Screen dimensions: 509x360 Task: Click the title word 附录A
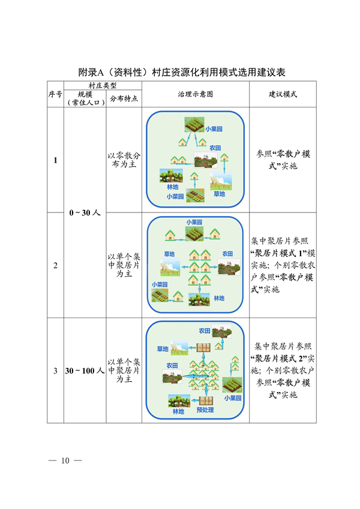click(x=92, y=72)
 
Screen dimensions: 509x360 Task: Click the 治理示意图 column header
click(x=196, y=95)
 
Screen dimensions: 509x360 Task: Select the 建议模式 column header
click(x=282, y=95)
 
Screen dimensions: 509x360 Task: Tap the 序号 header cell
click(x=55, y=95)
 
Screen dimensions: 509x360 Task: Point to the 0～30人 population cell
click(x=85, y=212)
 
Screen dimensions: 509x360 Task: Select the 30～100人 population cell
click(x=85, y=370)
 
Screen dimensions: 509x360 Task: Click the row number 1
click(x=55, y=160)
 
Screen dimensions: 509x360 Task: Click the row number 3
click(x=55, y=370)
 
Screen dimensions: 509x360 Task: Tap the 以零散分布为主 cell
click(x=124, y=160)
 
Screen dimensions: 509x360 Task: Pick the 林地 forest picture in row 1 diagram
click(x=171, y=176)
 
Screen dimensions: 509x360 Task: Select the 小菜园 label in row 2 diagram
click(x=160, y=284)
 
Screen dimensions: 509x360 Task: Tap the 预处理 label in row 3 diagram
click(x=205, y=411)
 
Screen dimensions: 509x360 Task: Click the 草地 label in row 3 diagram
click(x=163, y=349)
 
